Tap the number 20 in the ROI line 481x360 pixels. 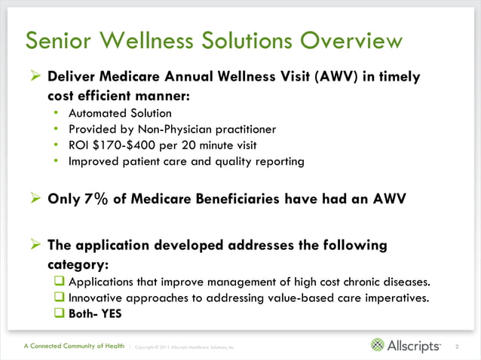[195, 145]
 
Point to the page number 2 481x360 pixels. [458, 346]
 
